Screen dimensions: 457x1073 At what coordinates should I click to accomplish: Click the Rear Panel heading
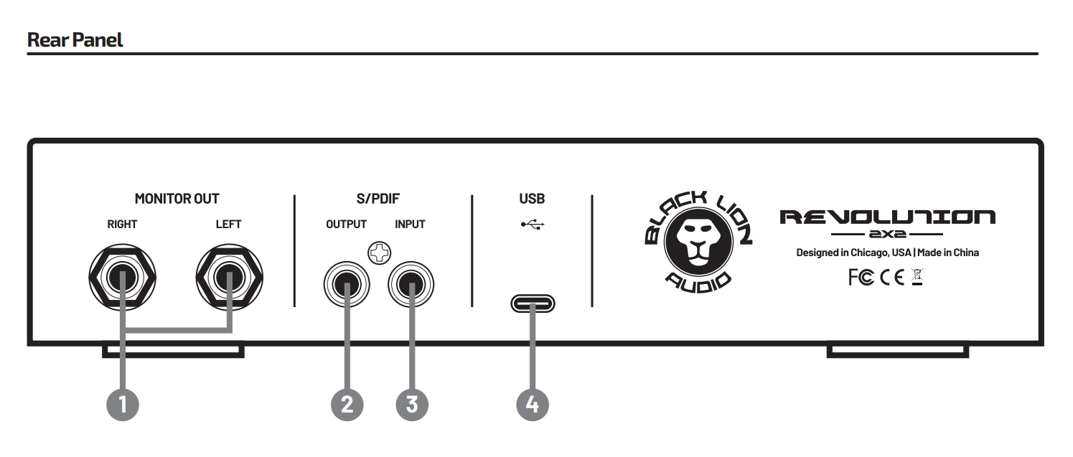click(75, 39)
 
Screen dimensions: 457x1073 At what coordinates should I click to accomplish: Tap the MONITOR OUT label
click(177, 199)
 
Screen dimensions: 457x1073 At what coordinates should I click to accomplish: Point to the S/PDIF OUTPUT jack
click(347, 286)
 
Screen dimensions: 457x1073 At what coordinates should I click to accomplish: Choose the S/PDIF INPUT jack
click(411, 286)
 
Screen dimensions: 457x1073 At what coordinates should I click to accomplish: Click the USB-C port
click(533, 304)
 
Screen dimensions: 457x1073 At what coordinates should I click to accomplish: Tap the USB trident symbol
click(533, 225)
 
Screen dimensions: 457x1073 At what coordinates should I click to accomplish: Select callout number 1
click(122, 405)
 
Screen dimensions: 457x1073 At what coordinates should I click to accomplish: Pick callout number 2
click(347, 405)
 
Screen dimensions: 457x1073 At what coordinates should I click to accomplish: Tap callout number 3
click(411, 405)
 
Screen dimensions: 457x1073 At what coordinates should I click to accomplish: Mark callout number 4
click(533, 405)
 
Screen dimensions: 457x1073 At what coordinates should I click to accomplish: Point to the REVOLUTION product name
click(887, 217)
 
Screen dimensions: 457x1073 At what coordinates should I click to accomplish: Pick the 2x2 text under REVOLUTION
click(887, 235)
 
